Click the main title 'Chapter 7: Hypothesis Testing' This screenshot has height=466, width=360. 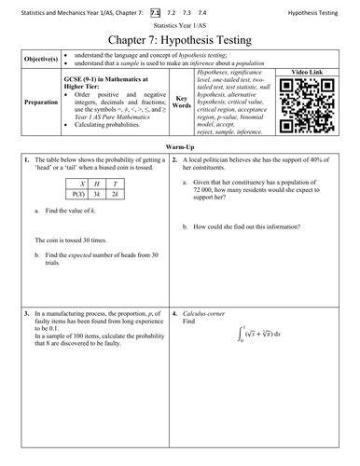coord(180,44)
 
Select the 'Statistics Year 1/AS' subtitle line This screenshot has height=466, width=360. coord(180,28)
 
